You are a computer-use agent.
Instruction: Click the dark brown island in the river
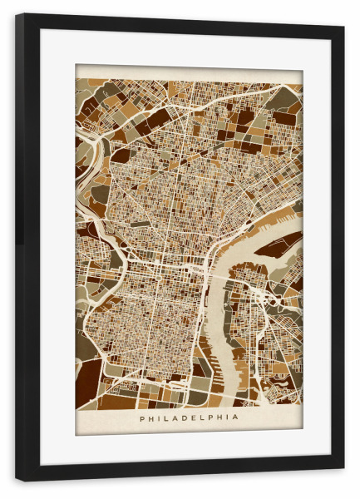(x=277, y=243)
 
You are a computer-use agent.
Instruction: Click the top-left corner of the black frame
(x=17, y=16)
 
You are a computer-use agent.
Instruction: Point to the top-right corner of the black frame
(x=343, y=16)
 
